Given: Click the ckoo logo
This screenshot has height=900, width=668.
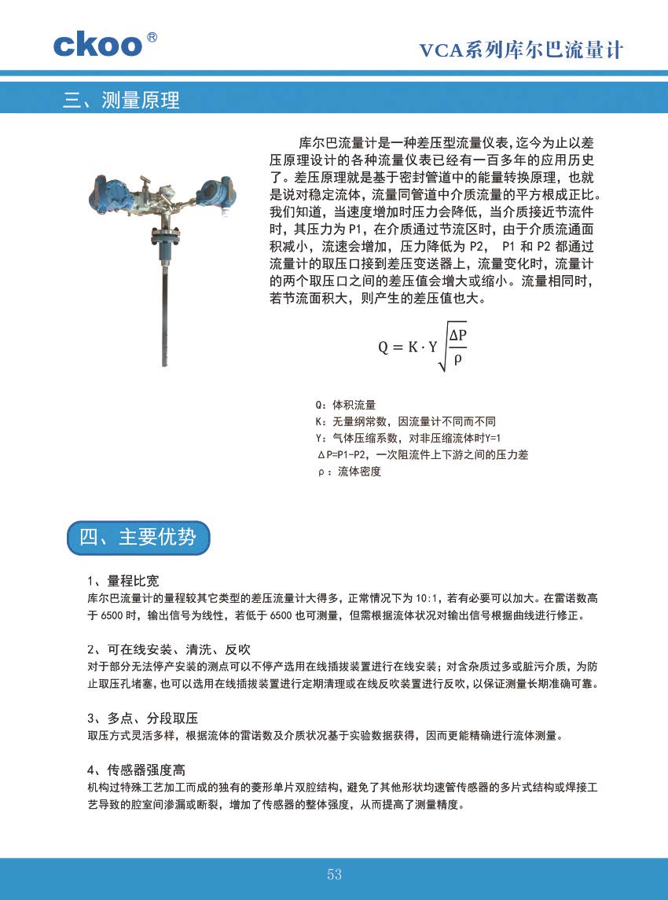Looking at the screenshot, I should pos(98,44).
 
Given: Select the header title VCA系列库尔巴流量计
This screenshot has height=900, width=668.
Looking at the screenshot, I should pos(521,50).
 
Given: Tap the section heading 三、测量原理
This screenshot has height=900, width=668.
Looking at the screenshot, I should pos(122,101).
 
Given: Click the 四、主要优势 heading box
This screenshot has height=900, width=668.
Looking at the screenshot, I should pos(138,537).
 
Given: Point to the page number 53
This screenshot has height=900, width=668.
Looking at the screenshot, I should pos(335,875).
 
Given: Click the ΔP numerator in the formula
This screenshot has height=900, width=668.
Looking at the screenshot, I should pos(457,336).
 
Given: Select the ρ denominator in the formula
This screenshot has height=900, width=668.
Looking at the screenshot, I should pos(457,358).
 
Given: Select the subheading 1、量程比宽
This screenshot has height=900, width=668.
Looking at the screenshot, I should pos(123,581).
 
